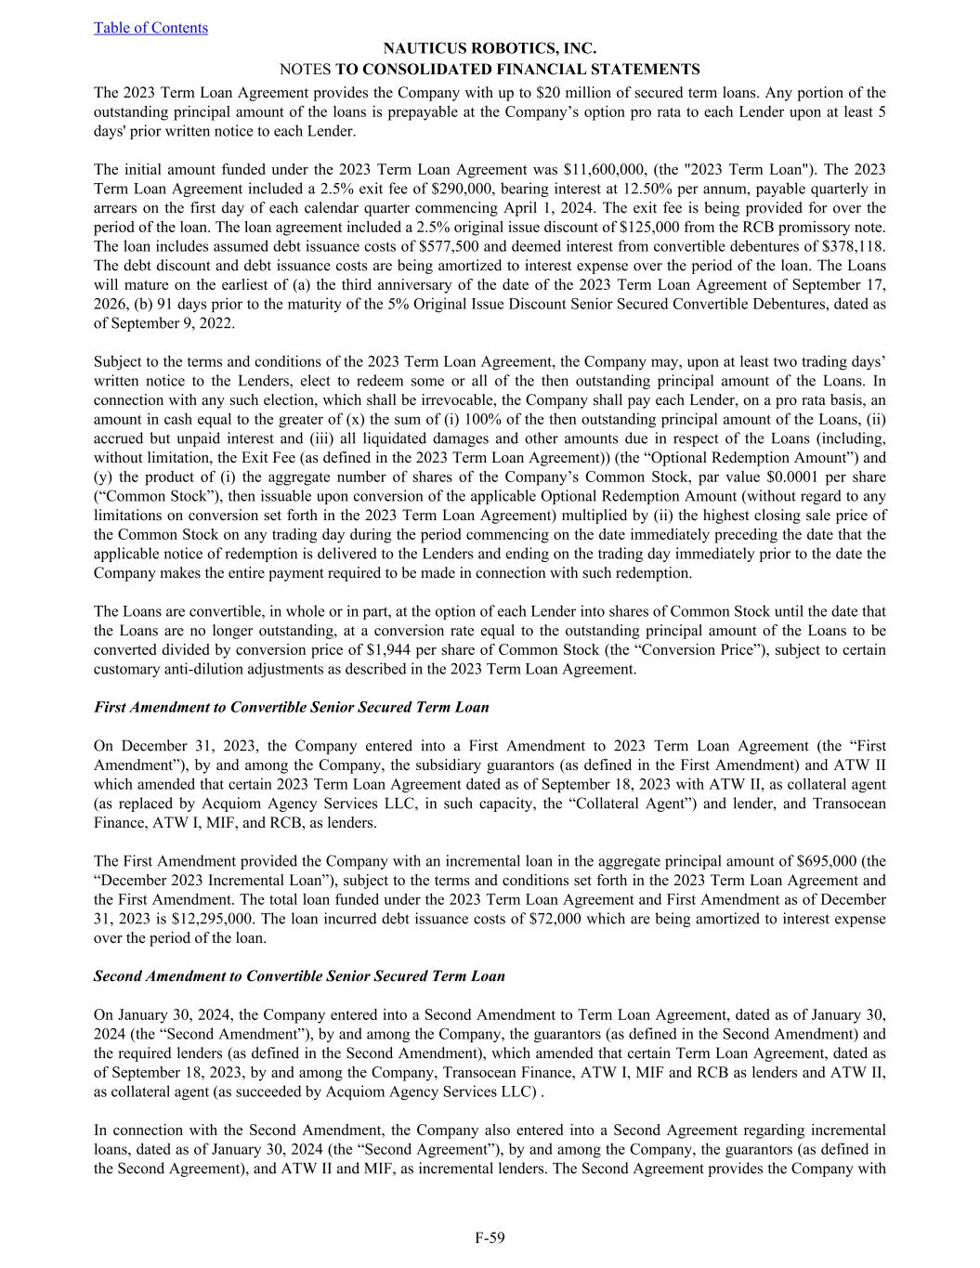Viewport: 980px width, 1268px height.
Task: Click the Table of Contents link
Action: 150,28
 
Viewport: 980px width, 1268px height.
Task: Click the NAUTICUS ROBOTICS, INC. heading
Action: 490,48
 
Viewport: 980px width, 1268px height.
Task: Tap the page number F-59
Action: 490,1236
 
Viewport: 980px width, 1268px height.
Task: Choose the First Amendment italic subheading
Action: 292,707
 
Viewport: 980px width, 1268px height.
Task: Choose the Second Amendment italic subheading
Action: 299,975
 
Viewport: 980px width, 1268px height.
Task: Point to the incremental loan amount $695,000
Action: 829,860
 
